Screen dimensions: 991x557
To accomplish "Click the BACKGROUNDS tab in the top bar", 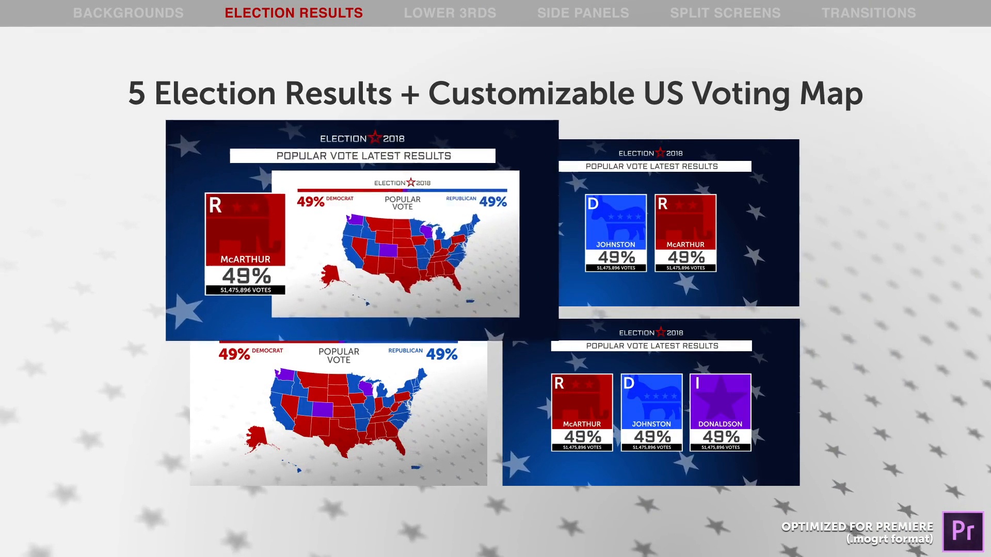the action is pos(128,13).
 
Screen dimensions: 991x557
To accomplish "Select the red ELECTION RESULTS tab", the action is pos(294,13).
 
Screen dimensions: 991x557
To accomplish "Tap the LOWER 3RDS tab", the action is pos(450,13).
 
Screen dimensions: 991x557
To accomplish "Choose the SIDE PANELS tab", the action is pos(583,13).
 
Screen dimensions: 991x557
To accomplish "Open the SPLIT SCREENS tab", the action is pos(725,13).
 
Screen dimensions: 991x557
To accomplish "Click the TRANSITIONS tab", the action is pos(869,13).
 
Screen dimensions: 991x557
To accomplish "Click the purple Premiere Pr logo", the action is pos(963,531).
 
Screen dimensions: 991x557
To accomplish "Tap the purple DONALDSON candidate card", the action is pos(721,413).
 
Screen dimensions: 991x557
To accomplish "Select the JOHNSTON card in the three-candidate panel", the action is pos(651,413).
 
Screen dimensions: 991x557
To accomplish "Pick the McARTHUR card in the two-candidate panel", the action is pos(685,233).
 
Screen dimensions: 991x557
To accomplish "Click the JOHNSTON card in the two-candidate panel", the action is pos(616,233).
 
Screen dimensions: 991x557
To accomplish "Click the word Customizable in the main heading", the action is pos(531,94).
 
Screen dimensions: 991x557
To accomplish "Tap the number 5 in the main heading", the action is pos(136,93).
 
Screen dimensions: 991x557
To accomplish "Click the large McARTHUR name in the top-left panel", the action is pos(245,259).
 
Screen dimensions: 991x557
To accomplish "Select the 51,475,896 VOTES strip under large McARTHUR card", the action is pos(245,290).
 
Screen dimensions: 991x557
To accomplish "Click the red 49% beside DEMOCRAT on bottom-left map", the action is pos(234,354).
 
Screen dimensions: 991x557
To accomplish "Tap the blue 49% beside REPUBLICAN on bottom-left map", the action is pos(442,354).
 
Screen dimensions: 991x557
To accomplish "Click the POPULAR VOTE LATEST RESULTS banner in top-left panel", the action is pos(363,156).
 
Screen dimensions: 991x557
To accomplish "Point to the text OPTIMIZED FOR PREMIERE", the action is pos(857,527).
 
